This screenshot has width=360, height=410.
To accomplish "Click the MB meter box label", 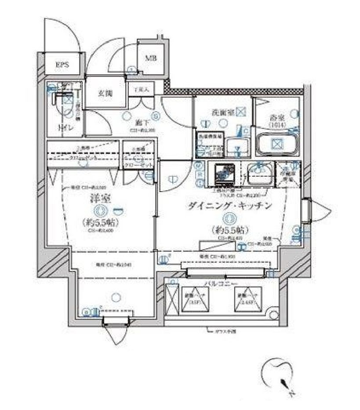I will (x=151, y=58).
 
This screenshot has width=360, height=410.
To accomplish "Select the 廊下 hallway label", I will (x=141, y=123).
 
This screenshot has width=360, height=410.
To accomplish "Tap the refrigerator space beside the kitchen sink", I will (x=287, y=174).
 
